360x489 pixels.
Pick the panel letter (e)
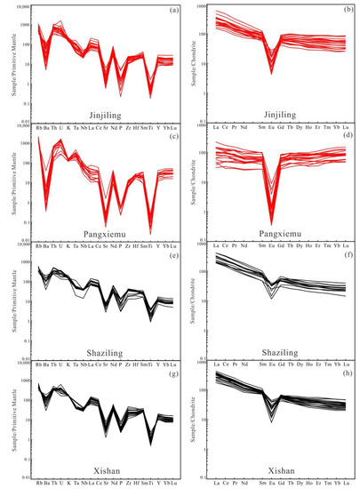point(165,252)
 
